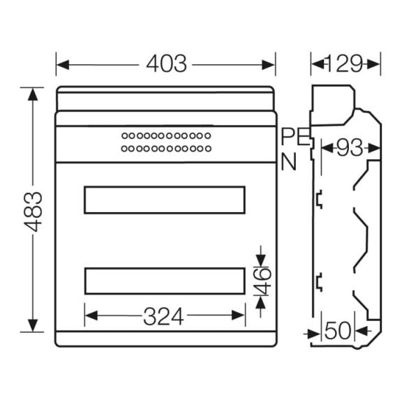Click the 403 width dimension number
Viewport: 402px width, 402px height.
166,64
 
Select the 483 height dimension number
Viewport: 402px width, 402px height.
33,211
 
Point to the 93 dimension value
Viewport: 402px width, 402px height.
350,148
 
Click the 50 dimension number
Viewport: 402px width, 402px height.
338,331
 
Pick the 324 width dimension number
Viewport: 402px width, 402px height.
163,316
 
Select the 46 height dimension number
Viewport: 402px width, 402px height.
263,281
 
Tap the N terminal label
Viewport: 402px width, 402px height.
289,161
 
